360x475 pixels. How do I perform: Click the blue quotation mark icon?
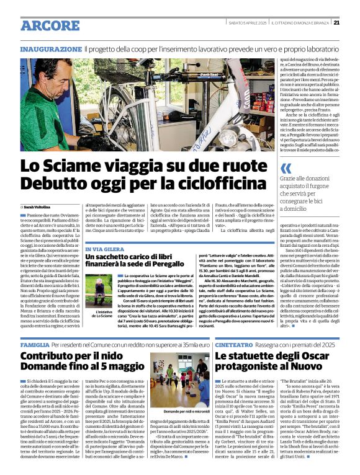click(x=286, y=168)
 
